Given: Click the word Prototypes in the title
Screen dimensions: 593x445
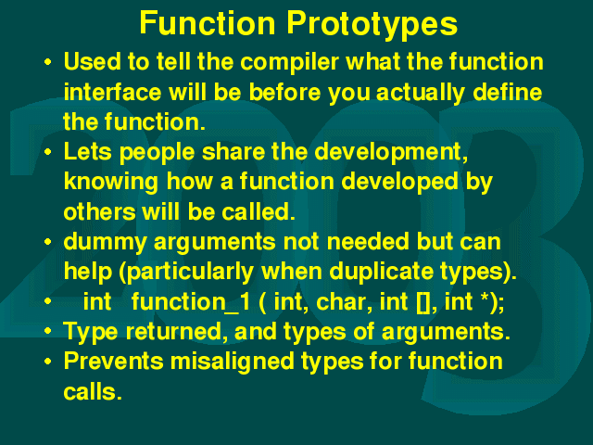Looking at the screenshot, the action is pos(372,24).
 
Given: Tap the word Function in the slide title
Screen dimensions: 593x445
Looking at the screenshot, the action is pos(208,22).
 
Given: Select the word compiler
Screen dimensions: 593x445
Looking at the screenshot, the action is pos(290,62).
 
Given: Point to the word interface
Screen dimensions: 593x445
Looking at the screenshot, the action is pos(112,92).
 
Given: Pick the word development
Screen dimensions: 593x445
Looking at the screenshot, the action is pos(391,153).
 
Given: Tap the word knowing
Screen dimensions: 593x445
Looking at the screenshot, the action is pos(111,183).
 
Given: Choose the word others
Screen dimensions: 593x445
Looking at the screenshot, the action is pos(99,211).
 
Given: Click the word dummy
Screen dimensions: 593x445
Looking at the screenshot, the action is pos(105,243).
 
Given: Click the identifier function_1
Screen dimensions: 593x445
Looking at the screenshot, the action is pos(191,302).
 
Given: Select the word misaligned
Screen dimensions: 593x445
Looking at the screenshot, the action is pos(232,362).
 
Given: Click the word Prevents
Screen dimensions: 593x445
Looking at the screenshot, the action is pos(113,362).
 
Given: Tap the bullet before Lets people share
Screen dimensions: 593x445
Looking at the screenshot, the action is pos(47,152).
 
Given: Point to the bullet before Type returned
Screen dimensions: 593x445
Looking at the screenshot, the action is pos(47,332).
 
